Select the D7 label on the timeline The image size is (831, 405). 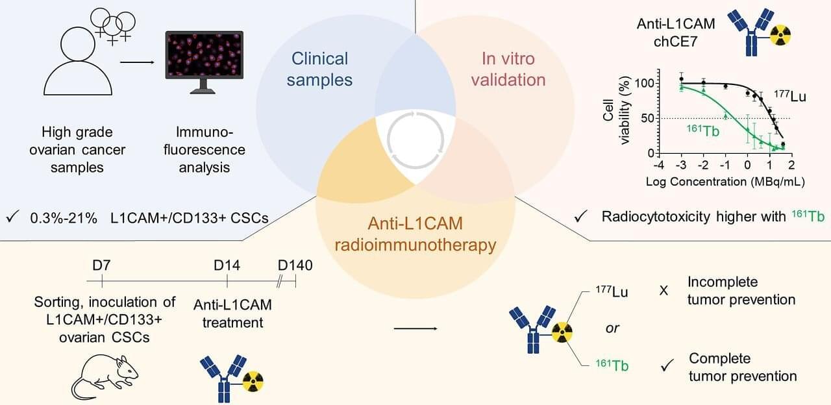102,265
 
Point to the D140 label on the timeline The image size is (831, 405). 295,265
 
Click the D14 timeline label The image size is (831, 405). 227,265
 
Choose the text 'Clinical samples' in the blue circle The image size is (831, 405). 319,69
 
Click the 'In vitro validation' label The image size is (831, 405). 508,69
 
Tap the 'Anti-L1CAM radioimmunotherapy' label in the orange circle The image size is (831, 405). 416,235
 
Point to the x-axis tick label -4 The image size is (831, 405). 658,166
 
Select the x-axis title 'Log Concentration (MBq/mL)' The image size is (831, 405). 725,182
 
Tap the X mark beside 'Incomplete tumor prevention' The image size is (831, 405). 664,291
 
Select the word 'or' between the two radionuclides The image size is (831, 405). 612,328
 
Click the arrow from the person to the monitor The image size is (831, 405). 138,64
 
